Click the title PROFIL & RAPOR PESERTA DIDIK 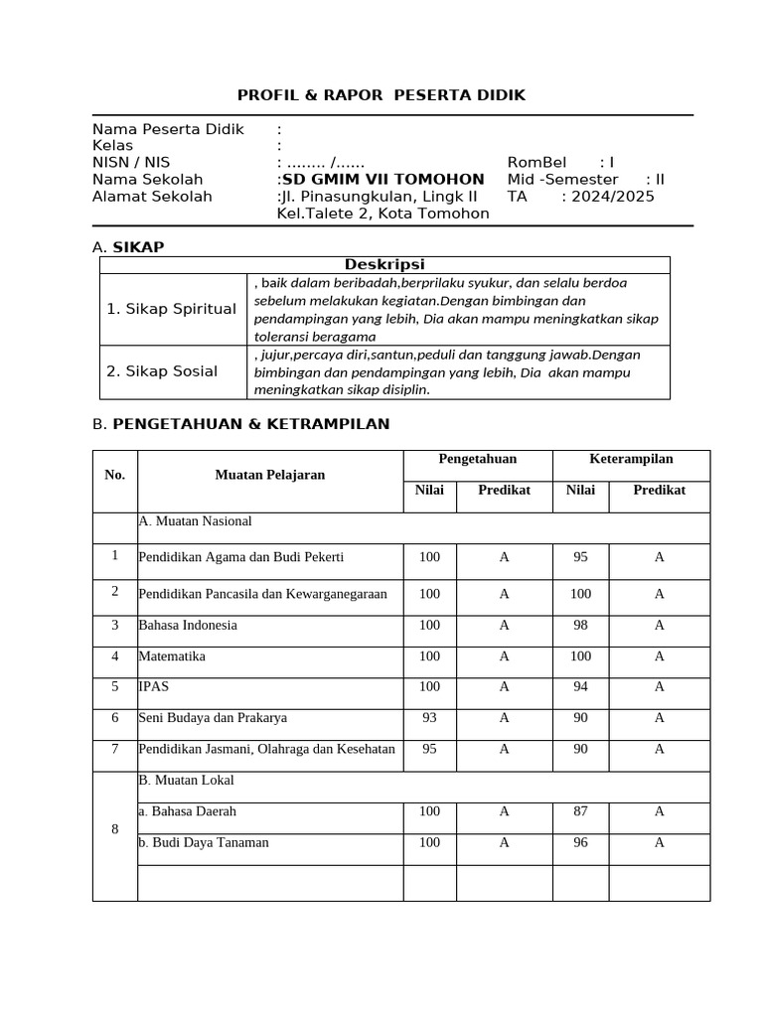click(381, 95)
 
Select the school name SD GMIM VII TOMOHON click(382, 180)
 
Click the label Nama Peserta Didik click(168, 129)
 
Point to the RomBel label click(536, 163)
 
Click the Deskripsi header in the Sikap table click(384, 264)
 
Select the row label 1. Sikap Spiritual click(172, 309)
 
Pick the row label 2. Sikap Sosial click(162, 371)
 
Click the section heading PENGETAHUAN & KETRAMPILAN click(251, 424)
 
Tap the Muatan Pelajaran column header click(270, 475)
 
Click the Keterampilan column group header click(631, 459)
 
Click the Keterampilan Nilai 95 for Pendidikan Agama click(581, 558)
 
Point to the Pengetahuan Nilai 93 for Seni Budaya click(429, 717)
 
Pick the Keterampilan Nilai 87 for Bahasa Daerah click(581, 812)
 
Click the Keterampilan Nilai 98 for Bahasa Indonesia click(581, 625)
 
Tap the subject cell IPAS click(154, 686)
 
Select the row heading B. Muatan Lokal click(186, 781)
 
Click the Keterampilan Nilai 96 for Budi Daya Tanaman click(581, 843)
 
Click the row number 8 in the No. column click(115, 828)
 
